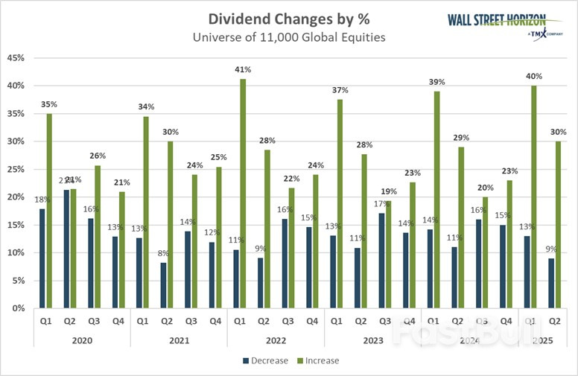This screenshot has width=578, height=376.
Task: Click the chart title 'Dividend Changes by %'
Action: [x=288, y=19]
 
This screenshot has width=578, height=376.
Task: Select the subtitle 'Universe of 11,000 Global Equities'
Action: [x=288, y=37]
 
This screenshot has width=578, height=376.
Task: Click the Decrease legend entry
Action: [x=266, y=360]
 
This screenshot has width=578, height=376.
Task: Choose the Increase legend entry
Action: [x=317, y=360]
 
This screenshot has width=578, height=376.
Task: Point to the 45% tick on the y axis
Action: [x=16, y=58]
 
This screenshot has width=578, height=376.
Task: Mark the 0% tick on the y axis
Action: [x=19, y=308]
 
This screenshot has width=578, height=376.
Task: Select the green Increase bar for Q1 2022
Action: [x=244, y=194]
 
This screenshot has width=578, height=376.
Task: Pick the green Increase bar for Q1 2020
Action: [x=49, y=211]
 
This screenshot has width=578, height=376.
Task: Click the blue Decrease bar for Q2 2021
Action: [x=163, y=285]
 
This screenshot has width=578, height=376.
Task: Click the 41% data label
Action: [x=244, y=69]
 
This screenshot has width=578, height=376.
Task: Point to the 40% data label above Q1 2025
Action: [x=533, y=76]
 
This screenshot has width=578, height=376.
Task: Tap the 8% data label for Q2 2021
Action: [x=164, y=253]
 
